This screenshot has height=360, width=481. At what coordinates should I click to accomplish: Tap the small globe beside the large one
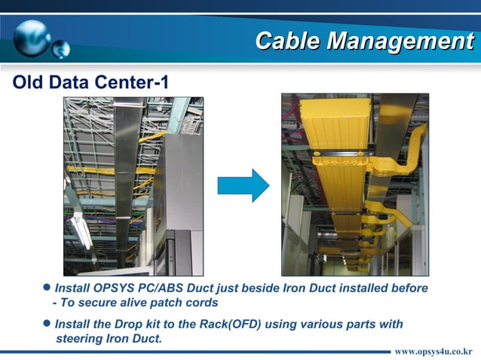coord(61,50)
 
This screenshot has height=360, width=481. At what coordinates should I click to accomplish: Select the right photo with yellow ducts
coord(354,185)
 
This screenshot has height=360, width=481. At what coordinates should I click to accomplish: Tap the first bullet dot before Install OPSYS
coord(47,288)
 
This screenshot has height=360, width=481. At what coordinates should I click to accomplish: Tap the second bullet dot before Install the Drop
coord(47,323)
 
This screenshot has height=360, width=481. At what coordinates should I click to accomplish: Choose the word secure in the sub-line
coord(97,303)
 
